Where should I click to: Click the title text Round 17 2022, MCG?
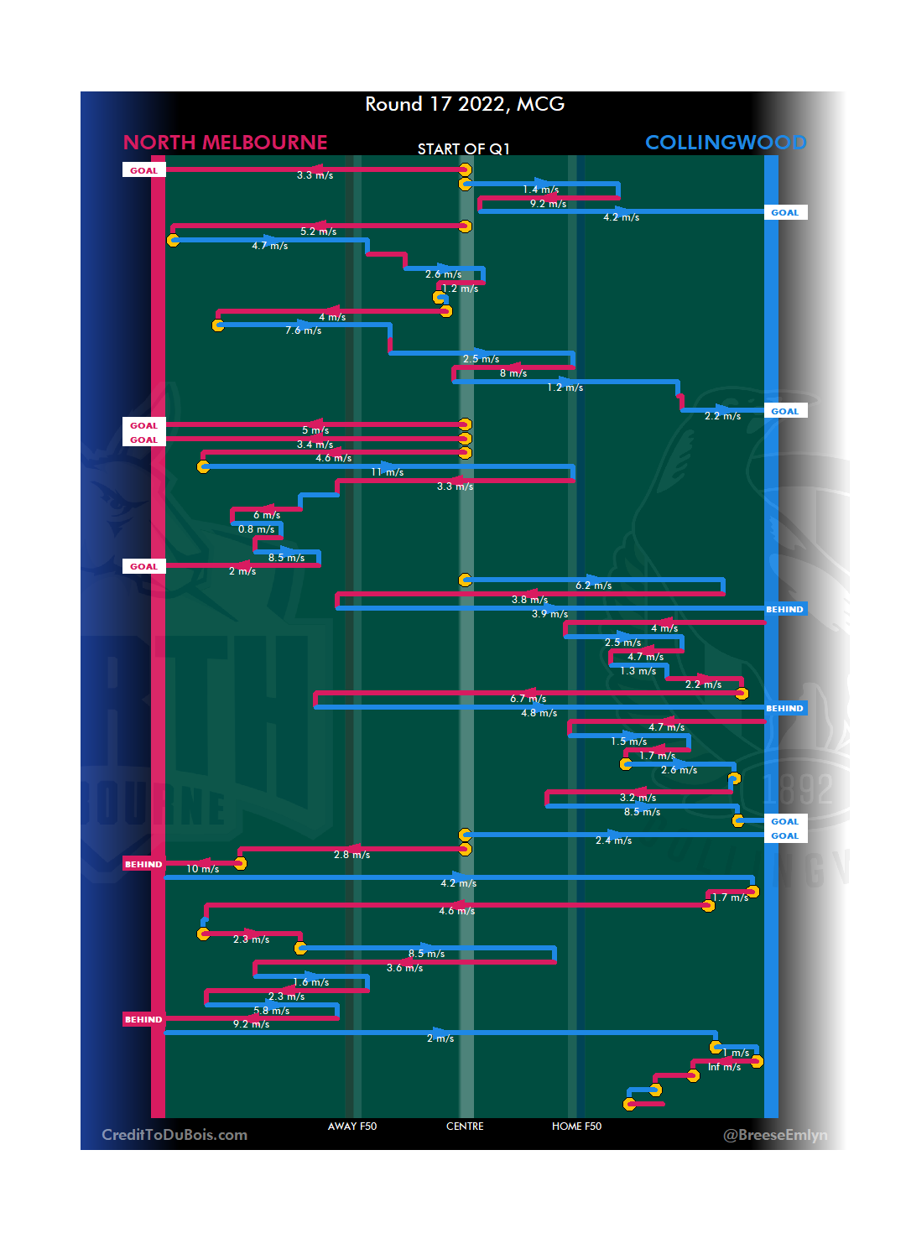[x=465, y=104]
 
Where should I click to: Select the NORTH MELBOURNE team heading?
[x=225, y=143]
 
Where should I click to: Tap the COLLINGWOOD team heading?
[x=725, y=143]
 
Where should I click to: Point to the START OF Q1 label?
[x=464, y=149]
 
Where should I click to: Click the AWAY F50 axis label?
[x=352, y=1127]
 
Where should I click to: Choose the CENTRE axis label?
[x=465, y=1127]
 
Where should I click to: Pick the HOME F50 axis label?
[x=576, y=1127]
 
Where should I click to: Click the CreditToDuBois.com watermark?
[x=174, y=1135]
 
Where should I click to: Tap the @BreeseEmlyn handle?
[x=775, y=1135]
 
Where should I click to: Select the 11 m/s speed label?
[x=388, y=472]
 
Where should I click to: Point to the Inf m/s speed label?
[x=724, y=1067]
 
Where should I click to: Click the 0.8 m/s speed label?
[x=256, y=529]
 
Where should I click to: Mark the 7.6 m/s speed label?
[x=303, y=330]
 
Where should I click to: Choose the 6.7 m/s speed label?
[x=528, y=699]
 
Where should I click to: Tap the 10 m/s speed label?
[x=202, y=869]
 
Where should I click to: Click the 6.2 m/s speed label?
[x=593, y=585]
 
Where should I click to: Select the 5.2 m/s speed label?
[x=318, y=232]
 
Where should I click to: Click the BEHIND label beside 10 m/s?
[x=143, y=864]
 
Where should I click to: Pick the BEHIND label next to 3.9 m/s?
[x=784, y=609]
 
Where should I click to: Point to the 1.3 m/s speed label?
[x=638, y=671]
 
